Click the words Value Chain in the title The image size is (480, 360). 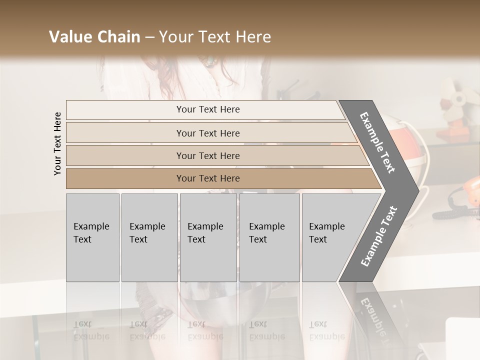94,37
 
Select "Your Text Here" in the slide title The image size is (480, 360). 215,37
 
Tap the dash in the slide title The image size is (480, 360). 149,37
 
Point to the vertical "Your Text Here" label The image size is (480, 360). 58,143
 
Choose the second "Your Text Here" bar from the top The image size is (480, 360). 208,133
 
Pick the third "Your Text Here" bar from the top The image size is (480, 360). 208,155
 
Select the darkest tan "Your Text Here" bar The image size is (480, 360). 208,178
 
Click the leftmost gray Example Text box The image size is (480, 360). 92,237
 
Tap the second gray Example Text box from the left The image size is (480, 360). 149,237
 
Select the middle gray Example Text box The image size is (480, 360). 208,237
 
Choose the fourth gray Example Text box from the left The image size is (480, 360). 269,237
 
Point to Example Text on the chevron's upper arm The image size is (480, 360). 377,142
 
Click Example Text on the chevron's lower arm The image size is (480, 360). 378,236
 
